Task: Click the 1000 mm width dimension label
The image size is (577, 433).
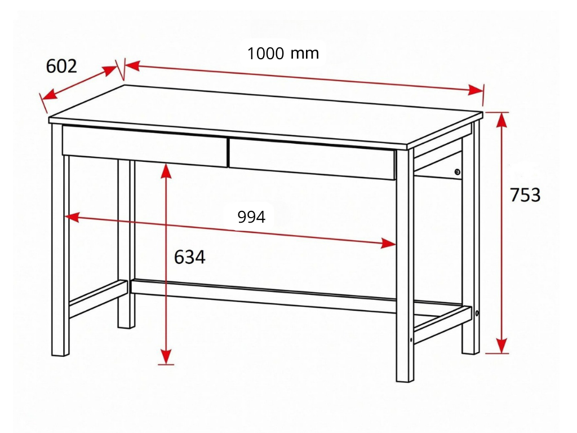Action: point(283,54)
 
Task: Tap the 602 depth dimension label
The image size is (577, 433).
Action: point(61,67)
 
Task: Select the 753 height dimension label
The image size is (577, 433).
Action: point(525,195)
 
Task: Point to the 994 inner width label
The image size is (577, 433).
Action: point(251,217)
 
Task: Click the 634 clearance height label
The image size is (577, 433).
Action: point(189,257)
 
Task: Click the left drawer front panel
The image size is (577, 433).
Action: point(145,146)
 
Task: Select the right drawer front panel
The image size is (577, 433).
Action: point(312,159)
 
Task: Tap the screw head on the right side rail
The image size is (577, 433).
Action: point(458,171)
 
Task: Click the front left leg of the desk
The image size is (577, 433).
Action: point(60,239)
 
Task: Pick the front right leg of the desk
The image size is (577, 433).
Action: point(405,265)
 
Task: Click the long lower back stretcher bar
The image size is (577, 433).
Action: point(264,296)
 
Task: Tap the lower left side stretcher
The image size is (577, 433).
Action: point(98,299)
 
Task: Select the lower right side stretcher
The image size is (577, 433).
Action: point(443,325)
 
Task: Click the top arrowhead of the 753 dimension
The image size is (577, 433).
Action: point(501,120)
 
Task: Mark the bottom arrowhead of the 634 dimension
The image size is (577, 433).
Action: point(166,357)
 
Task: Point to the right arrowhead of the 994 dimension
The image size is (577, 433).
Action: point(389,244)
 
